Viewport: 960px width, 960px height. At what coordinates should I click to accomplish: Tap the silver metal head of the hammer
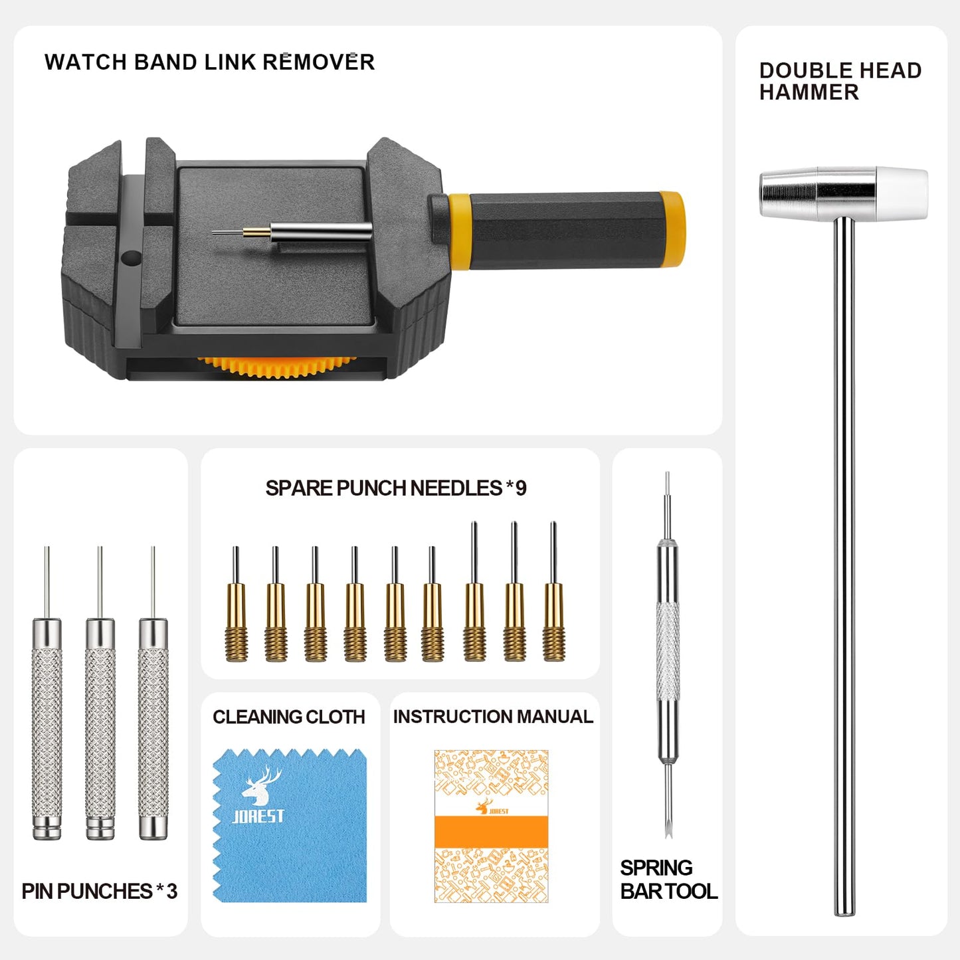coord(817,193)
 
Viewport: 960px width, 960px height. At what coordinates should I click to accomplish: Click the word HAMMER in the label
coord(809,92)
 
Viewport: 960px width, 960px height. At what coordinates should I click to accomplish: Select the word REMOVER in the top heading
coord(318,62)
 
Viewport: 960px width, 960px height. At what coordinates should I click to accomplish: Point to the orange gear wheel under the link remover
coord(276,365)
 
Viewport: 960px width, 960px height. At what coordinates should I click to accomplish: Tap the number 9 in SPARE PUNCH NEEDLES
coord(521,488)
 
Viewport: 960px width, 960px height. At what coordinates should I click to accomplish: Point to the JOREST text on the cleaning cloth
coord(258,816)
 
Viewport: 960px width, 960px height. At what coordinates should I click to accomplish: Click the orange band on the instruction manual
coord(491,832)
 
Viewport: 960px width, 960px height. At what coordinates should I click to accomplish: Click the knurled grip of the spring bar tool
coord(668,651)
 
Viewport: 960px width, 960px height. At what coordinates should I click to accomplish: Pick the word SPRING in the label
coord(656,868)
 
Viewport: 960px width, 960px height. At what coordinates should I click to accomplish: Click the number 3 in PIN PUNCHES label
coord(172,892)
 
